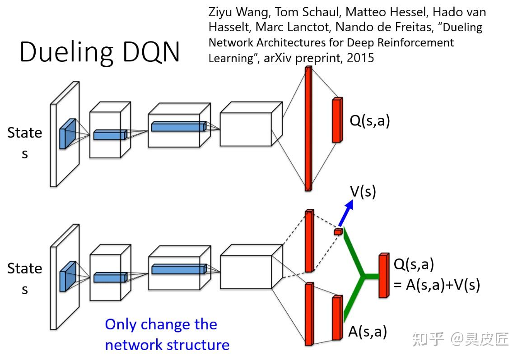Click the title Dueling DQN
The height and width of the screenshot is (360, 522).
(x=99, y=52)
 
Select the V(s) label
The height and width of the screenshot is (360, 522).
(x=363, y=192)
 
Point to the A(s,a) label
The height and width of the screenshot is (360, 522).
(x=368, y=332)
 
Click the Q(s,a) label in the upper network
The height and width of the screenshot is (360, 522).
(x=369, y=120)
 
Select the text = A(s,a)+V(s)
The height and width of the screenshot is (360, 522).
(x=437, y=285)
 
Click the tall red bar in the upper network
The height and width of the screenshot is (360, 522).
(x=308, y=129)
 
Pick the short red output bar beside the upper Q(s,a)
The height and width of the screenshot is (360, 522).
(x=336, y=120)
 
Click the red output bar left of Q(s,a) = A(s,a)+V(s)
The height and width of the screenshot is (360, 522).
(x=383, y=275)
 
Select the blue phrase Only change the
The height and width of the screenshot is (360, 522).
(x=161, y=324)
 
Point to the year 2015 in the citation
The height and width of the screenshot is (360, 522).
(x=360, y=58)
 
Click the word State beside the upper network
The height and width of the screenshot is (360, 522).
(x=24, y=133)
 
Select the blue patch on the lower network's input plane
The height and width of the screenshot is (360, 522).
(x=67, y=273)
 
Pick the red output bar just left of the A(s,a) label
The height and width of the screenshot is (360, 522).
(x=337, y=318)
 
